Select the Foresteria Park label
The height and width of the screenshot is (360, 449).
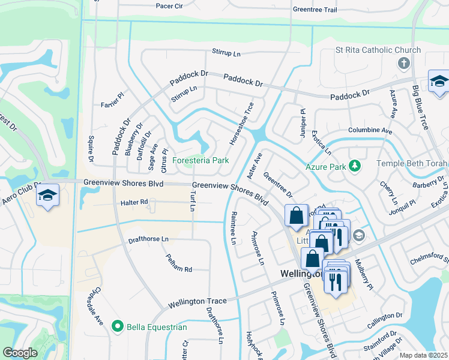point(200,161)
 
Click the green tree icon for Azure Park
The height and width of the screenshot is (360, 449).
point(355,165)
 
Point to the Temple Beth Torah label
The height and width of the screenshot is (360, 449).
point(412,163)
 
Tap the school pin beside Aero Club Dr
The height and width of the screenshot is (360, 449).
point(47,196)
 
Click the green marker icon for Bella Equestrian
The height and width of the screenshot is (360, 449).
point(118,326)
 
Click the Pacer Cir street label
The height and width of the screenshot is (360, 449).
point(169,6)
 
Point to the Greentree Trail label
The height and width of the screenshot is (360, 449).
point(315,10)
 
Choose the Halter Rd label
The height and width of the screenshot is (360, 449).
point(134,202)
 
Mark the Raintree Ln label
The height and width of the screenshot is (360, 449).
point(233,227)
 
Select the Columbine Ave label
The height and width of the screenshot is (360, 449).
point(370,130)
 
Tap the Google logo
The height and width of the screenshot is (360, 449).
point(20,353)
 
